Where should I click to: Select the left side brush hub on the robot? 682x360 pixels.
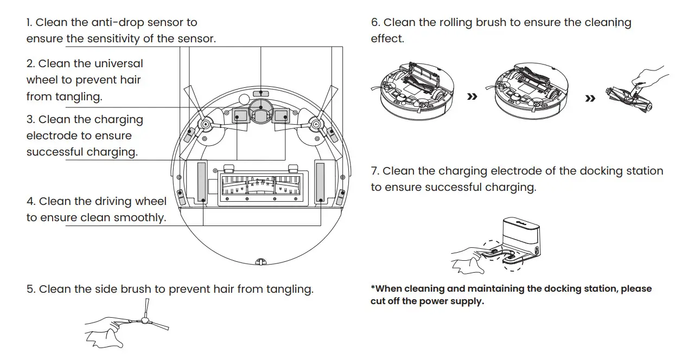coord(206,125)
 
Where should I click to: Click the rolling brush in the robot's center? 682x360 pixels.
coord(260,185)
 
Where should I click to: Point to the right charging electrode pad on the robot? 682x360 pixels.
coord(281,115)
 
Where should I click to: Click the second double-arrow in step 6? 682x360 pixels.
coord(590,99)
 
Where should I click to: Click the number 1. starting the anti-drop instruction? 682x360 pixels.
coord(30,23)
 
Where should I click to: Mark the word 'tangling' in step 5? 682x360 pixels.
coord(290,289)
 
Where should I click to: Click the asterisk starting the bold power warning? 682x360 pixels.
coord(373,288)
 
